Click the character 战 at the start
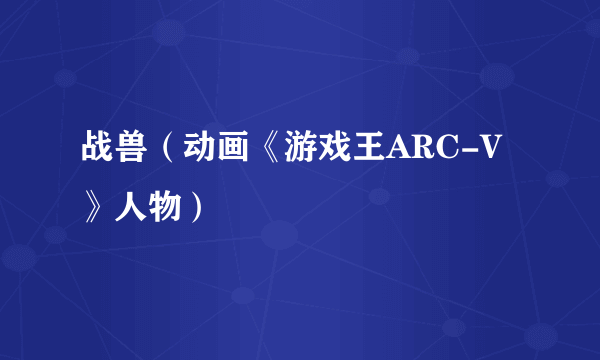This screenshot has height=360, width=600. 97,152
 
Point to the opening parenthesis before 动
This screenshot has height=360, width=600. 167,152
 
